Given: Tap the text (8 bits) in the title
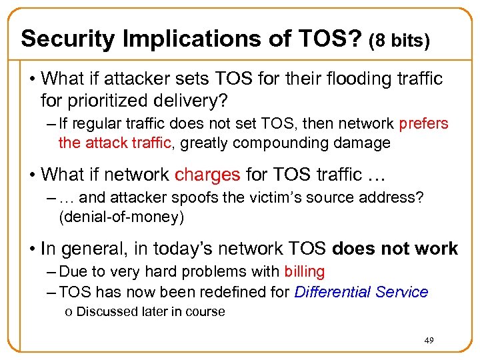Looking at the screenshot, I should [399, 41].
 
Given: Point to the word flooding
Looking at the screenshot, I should [366, 79].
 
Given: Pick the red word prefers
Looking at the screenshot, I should [423, 124].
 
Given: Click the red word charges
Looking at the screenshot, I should [207, 175].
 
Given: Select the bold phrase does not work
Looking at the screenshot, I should [395, 249].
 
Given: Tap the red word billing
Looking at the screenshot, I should [305, 272].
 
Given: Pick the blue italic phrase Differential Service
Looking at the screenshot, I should [361, 292].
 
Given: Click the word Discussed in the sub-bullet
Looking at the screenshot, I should [103, 311].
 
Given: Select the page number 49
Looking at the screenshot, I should [429, 341].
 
